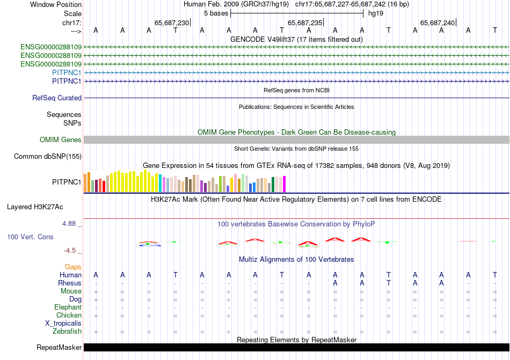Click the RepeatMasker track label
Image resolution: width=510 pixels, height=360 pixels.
click(59, 348)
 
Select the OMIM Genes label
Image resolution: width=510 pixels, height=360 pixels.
click(61, 140)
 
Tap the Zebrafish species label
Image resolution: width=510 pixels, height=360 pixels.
click(67, 332)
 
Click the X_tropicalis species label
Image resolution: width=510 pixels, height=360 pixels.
click(63, 324)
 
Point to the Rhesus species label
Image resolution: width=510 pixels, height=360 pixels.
click(70, 283)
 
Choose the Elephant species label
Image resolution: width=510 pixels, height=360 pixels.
click(68, 307)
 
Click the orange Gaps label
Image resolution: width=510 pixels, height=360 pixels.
click(73, 267)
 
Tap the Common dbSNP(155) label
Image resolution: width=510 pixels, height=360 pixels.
click(48, 157)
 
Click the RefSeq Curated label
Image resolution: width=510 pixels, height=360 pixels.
click(57, 98)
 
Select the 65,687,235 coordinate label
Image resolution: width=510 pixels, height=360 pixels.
click(305, 23)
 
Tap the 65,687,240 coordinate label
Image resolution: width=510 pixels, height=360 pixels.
click(438, 23)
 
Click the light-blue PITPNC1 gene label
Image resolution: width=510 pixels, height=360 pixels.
click(67, 72)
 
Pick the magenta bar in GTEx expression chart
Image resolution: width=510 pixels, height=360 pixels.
click(285, 184)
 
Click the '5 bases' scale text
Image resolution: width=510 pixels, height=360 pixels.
click(216, 13)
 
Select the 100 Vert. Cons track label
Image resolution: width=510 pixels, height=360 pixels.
click(31, 237)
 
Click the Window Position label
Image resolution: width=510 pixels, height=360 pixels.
click(56, 4)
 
